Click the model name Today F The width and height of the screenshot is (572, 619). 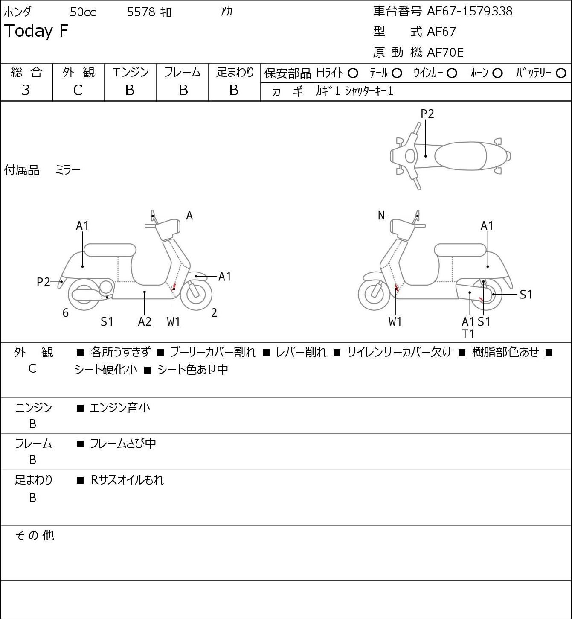click(x=36, y=31)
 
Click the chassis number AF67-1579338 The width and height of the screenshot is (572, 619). click(x=470, y=12)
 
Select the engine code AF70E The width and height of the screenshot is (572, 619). click(x=445, y=53)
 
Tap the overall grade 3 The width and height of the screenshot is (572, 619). click(x=26, y=91)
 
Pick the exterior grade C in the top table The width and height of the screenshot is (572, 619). click(x=78, y=91)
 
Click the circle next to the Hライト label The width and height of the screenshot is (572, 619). click(x=353, y=73)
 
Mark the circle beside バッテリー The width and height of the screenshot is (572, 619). click(x=561, y=73)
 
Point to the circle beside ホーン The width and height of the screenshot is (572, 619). click(x=497, y=73)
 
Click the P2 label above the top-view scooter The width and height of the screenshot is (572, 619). click(x=427, y=114)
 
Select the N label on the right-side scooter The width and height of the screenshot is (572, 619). click(x=381, y=216)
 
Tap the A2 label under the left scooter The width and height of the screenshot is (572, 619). click(x=145, y=321)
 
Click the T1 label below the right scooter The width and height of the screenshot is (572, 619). click(x=468, y=334)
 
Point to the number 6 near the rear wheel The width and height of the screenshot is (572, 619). click(x=65, y=312)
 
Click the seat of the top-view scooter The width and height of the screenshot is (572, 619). click(x=460, y=156)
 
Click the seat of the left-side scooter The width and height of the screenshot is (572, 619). click(x=110, y=250)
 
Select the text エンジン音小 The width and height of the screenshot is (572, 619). click(x=120, y=408)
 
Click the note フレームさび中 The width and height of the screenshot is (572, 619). click(x=123, y=444)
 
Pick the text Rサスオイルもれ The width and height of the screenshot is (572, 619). click(x=127, y=480)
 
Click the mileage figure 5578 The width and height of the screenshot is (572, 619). click(x=141, y=12)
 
